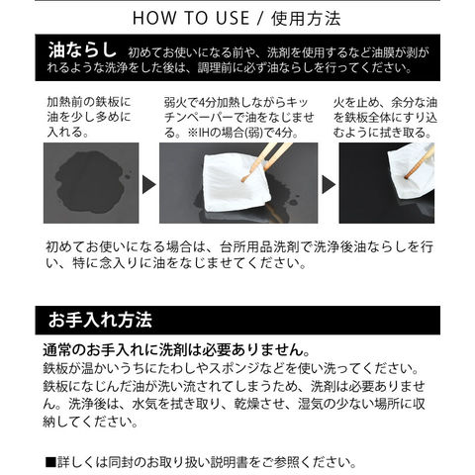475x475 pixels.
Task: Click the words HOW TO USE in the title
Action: pyautogui.click(x=191, y=18)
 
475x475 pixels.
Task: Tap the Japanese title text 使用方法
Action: pyautogui.click(x=306, y=18)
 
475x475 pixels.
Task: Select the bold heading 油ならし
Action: pyautogui.click(x=82, y=49)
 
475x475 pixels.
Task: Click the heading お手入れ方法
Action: pyautogui.click(x=100, y=320)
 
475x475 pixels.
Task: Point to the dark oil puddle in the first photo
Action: pyautogui.click(x=90, y=182)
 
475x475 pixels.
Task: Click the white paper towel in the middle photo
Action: pyautogui.click(x=236, y=182)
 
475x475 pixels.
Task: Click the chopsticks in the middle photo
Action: pyautogui.click(x=266, y=161)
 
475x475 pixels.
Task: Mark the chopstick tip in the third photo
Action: pyautogui.click(x=407, y=178)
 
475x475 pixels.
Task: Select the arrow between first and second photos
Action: pyautogui.click(x=148, y=184)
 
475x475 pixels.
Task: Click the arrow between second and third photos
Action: pyautogui.click(x=329, y=184)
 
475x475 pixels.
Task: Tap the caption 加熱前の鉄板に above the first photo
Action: pyautogui.click(x=89, y=102)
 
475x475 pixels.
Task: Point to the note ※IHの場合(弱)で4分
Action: pyautogui.click(x=243, y=133)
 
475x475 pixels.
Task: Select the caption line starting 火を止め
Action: pyautogui.click(x=385, y=102)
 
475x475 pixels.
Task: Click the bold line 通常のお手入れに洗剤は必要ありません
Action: pyautogui.click(x=176, y=350)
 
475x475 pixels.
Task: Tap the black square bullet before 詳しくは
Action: pyautogui.click(x=50, y=462)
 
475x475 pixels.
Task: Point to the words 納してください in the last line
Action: pyautogui.click(x=90, y=422)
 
